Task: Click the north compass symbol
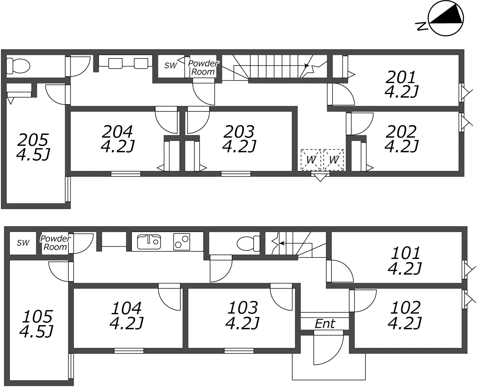coord(446,18)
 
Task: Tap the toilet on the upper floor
coord(18,66)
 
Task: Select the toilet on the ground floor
coord(248,244)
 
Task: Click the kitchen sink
coord(149,242)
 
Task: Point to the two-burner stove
coord(182,242)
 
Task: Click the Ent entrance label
coord(325,324)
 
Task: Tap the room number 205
coord(33,140)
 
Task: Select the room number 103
coord(243,308)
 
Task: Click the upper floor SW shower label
coord(170,65)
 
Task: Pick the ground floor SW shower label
coord(23,243)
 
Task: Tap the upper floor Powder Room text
coord(203,68)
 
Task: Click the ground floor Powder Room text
coord(55,243)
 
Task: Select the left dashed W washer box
coord(311,160)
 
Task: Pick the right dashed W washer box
coord(334,160)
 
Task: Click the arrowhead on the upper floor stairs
coord(307,65)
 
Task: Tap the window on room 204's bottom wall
coord(126,174)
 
